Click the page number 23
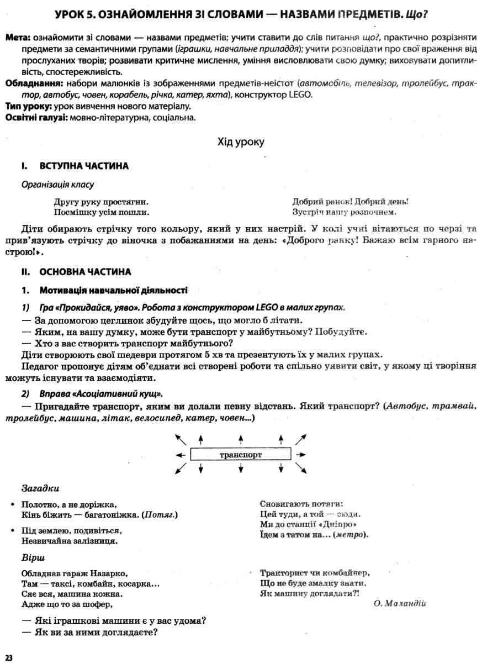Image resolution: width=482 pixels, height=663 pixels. pyautogui.click(x=9, y=657)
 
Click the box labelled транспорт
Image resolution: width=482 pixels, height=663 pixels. pyautogui.click(x=241, y=455)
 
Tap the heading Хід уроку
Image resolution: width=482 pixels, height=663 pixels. pyautogui.click(x=241, y=142)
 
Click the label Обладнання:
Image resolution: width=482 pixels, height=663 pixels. pyautogui.click(x=33, y=83)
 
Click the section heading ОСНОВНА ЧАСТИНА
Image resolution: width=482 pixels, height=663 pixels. pyautogui.click(x=85, y=272)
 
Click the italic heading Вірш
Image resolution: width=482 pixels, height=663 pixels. pyautogui.click(x=33, y=557)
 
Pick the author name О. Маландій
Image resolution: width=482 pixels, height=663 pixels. pyautogui.click(x=400, y=603)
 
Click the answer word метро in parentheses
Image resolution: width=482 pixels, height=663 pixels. pyautogui.click(x=351, y=535)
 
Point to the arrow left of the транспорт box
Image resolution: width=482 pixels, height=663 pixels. pyautogui.click(x=180, y=455)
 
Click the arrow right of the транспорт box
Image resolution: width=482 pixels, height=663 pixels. pyautogui.click(x=301, y=455)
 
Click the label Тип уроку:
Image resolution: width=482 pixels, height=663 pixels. pyautogui.click(x=29, y=106)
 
